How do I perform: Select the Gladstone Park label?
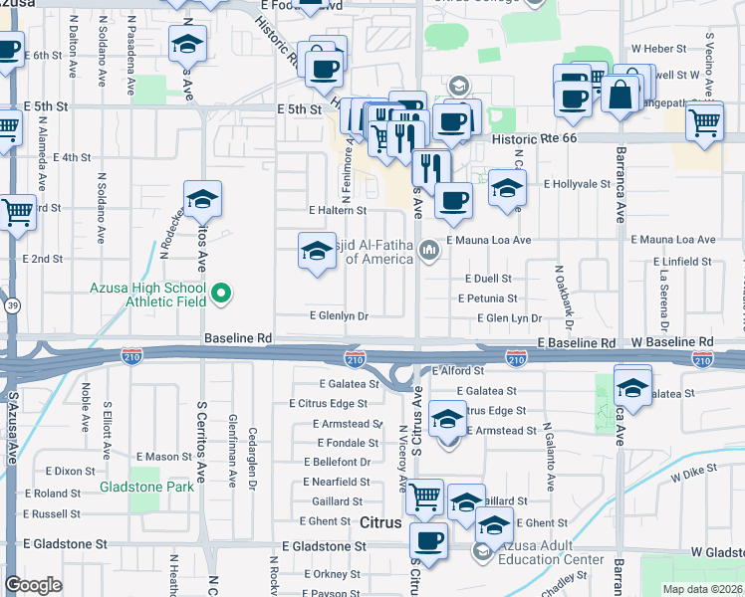[x=147, y=488]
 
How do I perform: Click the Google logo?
[x=33, y=585]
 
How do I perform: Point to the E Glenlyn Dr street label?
[x=339, y=315]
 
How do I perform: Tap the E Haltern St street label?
[x=338, y=211]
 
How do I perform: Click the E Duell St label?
[x=485, y=280]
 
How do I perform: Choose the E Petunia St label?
[x=487, y=298]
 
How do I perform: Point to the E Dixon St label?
[x=68, y=471]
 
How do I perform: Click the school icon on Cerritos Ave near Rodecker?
[x=202, y=200]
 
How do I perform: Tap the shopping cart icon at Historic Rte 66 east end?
[x=704, y=120]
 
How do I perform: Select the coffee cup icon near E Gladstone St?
[x=429, y=541]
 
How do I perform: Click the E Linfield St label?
[x=684, y=262]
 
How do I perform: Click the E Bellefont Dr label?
[x=337, y=463]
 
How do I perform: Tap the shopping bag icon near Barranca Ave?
[x=620, y=95]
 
